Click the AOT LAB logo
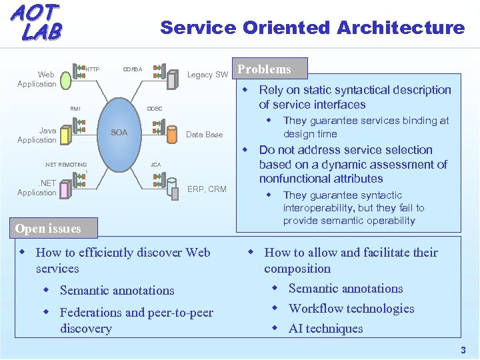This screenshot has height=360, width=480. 37,21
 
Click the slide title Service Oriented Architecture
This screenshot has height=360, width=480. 312,28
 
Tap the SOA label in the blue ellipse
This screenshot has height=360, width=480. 119,132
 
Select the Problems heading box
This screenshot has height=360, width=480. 265,69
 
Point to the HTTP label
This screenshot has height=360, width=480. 93,69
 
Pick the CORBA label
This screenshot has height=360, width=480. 132,69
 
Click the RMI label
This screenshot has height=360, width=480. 75,109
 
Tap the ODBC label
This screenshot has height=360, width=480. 155,109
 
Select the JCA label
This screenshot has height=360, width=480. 155,164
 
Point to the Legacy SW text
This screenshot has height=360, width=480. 207,75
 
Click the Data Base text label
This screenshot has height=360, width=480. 204,135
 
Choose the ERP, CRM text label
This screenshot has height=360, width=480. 207,189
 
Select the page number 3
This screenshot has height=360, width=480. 463,351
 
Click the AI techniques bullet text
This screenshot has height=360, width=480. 325,329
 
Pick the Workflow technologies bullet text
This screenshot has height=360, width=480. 351,309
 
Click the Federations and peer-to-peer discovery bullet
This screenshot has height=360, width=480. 136,320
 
